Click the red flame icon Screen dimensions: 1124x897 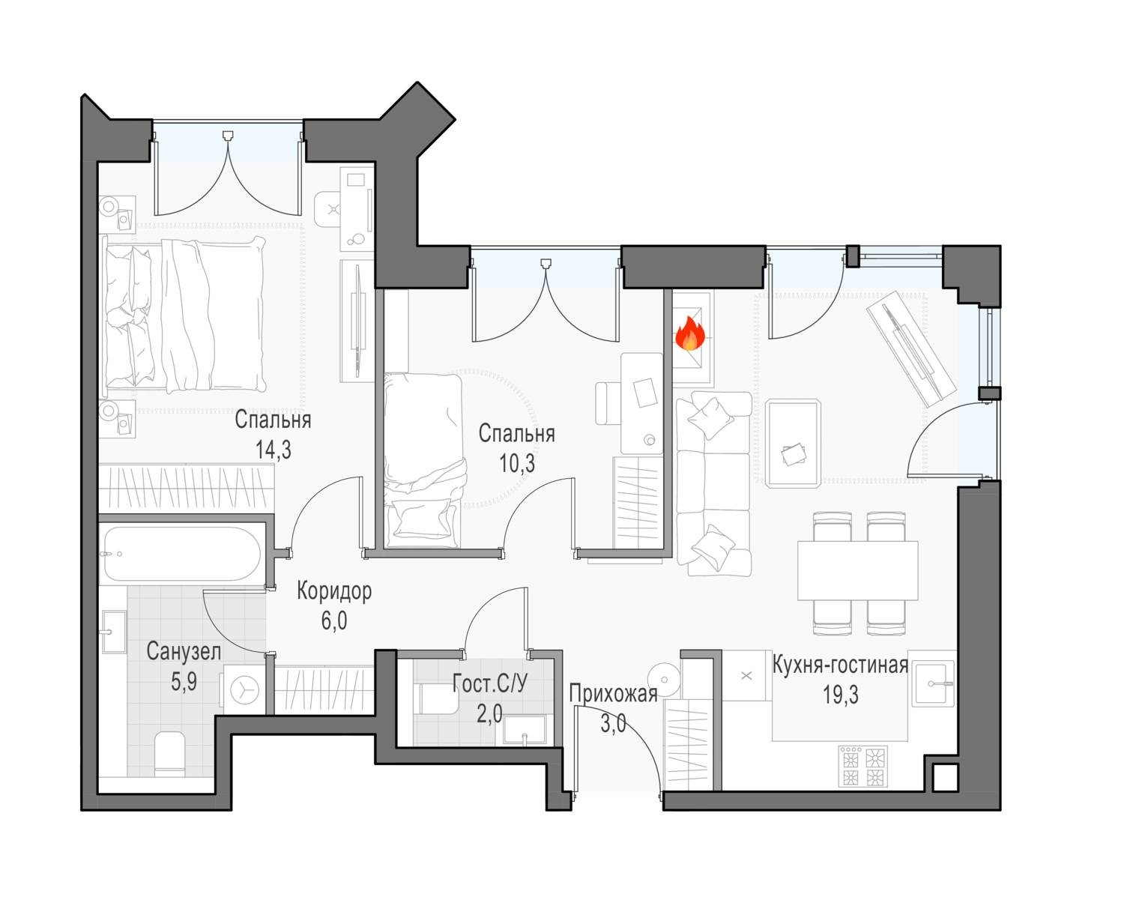click(690, 333)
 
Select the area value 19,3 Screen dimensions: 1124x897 click(841, 695)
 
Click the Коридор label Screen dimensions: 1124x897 click(334, 591)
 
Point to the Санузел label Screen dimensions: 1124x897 click(184, 652)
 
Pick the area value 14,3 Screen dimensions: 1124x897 click(274, 450)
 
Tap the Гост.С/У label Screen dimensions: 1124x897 click(490, 683)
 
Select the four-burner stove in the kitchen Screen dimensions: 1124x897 click(862, 766)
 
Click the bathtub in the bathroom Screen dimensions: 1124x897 click(182, 554)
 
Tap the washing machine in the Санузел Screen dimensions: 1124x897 click(244, 689)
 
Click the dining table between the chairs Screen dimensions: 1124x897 click(858, 570)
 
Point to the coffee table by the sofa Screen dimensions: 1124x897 click(793, 444)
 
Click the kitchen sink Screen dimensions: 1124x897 click(933, 684)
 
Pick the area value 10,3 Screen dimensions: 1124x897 click(516, 463)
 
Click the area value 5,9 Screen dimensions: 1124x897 click(184, 681)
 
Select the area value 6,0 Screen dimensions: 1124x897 click(334, 620)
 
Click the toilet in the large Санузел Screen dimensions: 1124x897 click(170, 754)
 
